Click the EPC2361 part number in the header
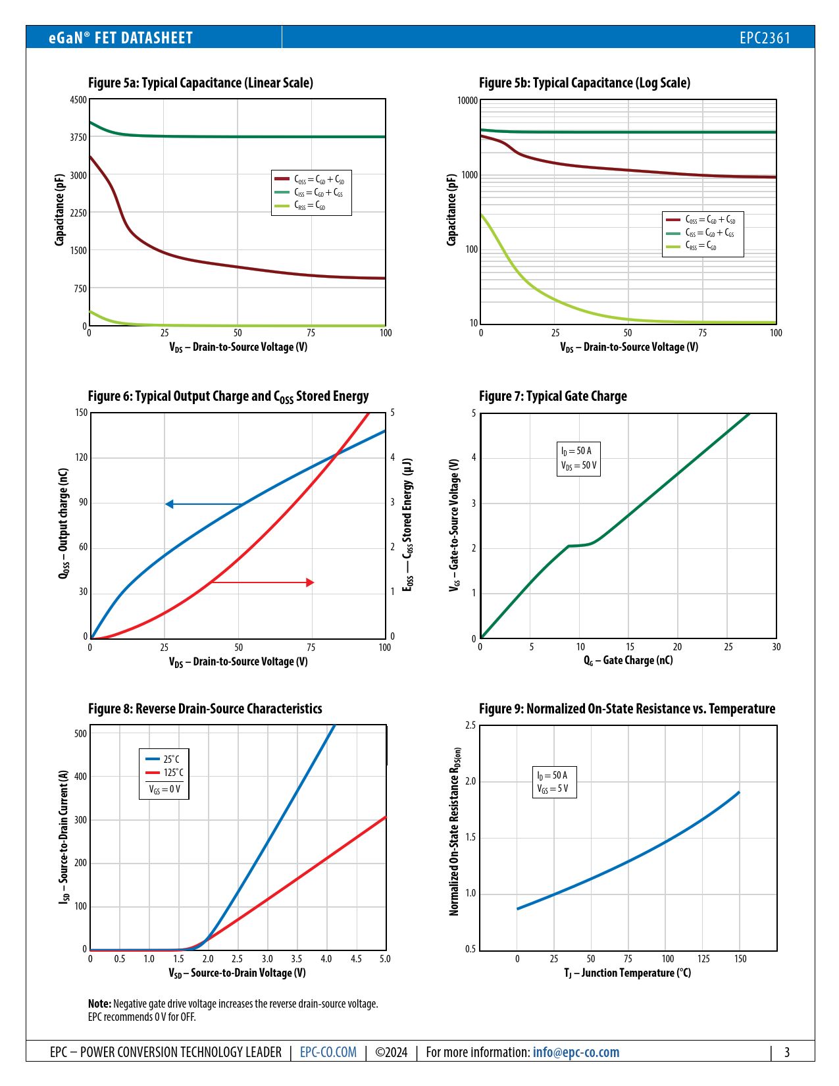click(765, 38)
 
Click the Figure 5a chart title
click(201, 83)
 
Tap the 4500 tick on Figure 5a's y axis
click(78, 100)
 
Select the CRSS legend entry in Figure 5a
click(309, 206)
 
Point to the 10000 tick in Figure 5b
click(467, 101)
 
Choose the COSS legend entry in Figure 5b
click(709, 219)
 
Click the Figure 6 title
click(228, 396)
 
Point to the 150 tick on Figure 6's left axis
click(81, 413)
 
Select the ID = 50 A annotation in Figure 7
click(576, 451)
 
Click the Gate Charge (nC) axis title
click(628, 660)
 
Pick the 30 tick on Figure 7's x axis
click(776, 647)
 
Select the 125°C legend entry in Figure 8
click(173, 773)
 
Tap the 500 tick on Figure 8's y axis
click(80, 733)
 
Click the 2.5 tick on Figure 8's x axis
click(237, 959)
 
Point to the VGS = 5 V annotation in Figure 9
click(553, 789)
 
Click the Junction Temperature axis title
click(628, 973)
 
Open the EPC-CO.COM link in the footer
click(328, 1052)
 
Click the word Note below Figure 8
click(99, 1004)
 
